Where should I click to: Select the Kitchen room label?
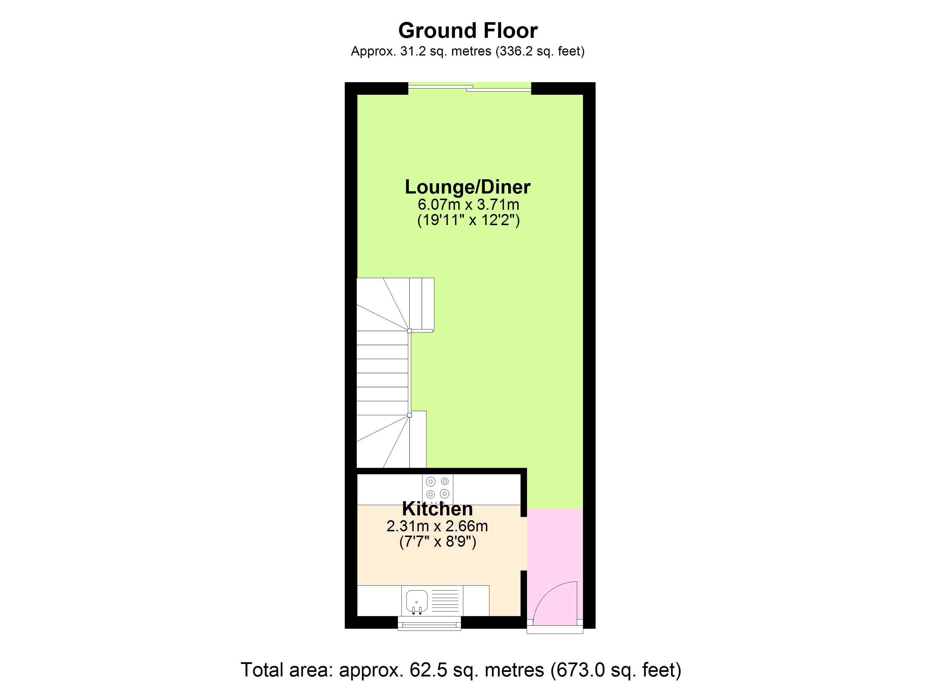pos(437,509)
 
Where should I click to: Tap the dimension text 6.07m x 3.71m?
pos(468,204)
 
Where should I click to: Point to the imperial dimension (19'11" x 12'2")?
pos(468,220)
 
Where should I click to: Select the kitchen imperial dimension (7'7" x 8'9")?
pos(437,542)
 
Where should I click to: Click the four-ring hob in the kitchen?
pos(438,487)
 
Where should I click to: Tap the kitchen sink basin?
pos(416,601)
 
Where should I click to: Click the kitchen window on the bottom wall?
pos(429,623)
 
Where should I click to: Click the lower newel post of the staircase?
pos(410,415)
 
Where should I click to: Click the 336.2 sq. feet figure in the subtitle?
pos(540,51)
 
